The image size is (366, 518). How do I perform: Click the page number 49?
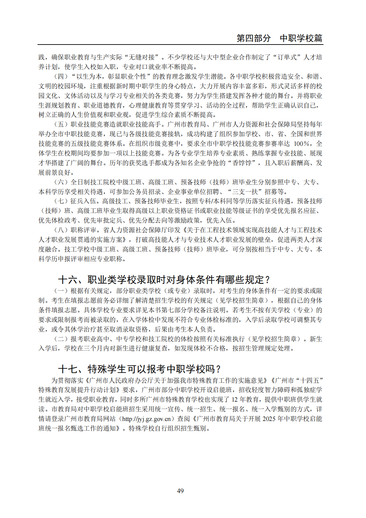coord(180,491)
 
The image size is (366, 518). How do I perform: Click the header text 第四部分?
coord(253,38)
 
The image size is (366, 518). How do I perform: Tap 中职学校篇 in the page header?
coord(301,38)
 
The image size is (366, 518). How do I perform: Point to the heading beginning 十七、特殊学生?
coord(139,369)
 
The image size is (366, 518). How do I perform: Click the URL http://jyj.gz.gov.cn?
coord(146,419)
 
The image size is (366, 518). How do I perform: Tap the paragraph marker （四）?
coord(61,76)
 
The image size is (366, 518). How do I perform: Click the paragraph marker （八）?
coord(61,230)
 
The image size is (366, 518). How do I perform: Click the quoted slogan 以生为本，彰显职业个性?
coord(112,76)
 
